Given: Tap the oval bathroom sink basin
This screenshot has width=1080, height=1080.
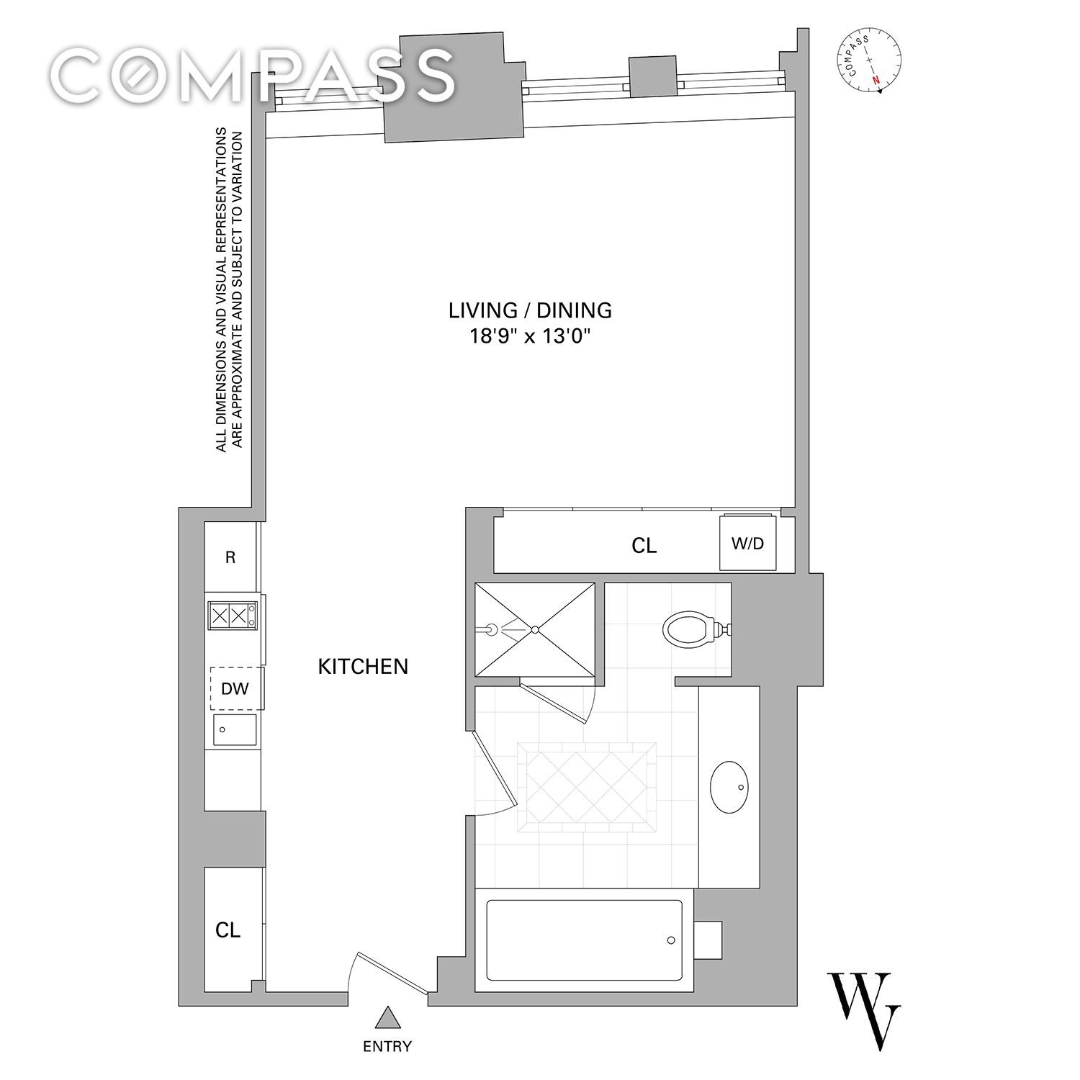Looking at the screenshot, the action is (730, 786).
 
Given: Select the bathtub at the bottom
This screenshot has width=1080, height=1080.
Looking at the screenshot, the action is (585, 940).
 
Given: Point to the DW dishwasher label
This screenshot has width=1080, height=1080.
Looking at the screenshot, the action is (235, 689).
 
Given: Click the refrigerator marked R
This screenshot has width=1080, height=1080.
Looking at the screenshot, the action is (230, 557).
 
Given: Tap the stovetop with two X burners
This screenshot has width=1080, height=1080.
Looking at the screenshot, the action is (232, 616).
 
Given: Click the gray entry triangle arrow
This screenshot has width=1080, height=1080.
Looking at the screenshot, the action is (389, 1017).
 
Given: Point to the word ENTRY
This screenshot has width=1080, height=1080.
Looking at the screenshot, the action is (387, 1046).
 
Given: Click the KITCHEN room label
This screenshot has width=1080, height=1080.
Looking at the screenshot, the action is (363, 667).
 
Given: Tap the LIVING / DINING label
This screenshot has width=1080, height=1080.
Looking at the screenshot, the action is (530, 310).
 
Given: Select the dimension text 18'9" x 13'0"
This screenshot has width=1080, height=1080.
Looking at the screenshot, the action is (531, 336).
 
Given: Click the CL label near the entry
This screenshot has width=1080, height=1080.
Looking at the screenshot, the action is (228, 930).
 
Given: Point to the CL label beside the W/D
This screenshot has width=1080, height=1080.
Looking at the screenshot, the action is (644, 546).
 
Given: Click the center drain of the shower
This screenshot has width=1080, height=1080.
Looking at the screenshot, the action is (535, 630).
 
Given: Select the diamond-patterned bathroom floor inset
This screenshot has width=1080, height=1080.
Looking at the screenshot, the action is (587, 787).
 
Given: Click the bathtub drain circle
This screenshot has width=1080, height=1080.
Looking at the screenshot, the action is (671, 940).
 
